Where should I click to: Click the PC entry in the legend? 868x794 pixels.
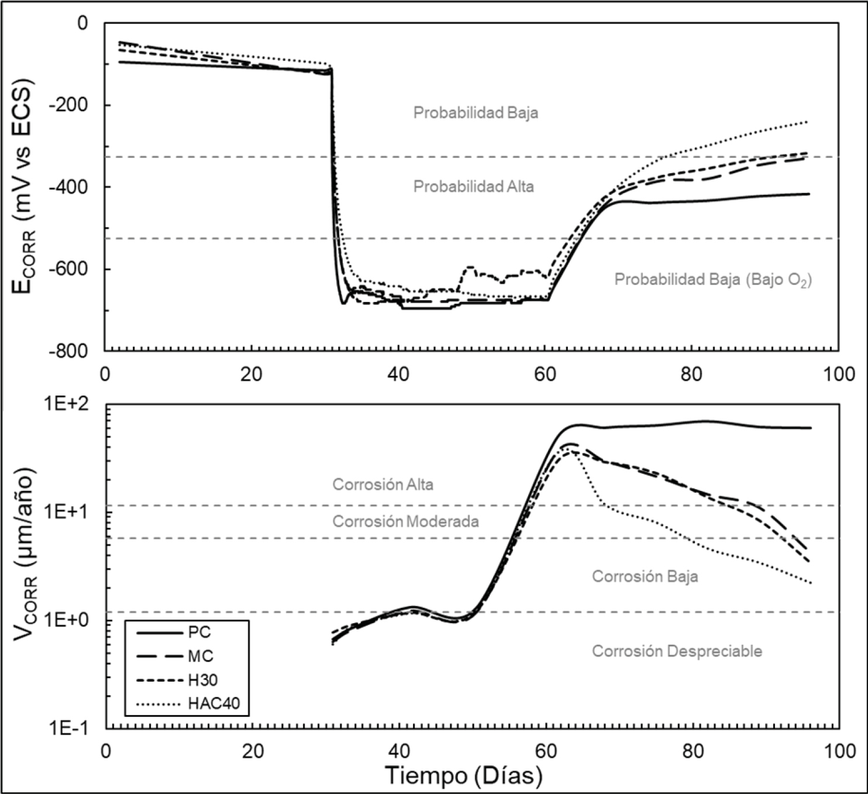pyautogui.click(x=199, y=633)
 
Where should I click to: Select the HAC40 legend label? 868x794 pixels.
pyautogui.click(x=213, y=703)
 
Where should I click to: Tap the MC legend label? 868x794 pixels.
pyautogui.click(x=200, y=656)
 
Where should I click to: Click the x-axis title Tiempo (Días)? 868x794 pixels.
pyautogui.click(x=464, y=776)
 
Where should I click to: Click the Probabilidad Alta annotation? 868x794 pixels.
pyautogui.click(x=473, y=187)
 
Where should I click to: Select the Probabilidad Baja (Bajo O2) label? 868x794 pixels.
pyautogui.click(x=712, y=280)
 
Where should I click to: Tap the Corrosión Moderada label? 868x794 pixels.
pyautogui.click(x=405, y=521)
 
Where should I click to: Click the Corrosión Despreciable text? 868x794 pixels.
pyautogui.click(x=677, y=651)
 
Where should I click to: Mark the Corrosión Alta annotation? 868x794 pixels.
pyautogui.click(x=383, y=484)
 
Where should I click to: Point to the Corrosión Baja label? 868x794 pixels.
pyautogui.click(x=645, y=576)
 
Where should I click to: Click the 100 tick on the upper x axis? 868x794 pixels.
pyautogui.click(x=839, y=374)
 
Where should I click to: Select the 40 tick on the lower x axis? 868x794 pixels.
pyautogui.click(x=399, y=751)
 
